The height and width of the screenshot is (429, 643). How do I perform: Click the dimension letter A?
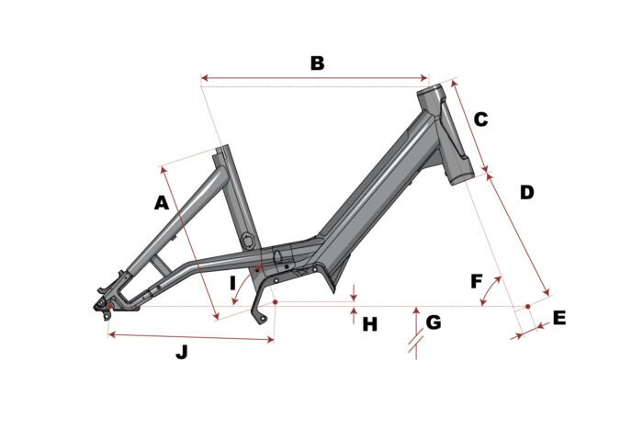pos(161,203)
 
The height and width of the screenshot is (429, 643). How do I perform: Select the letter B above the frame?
pos(317,63)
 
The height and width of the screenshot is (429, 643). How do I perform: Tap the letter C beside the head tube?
pos(480,119)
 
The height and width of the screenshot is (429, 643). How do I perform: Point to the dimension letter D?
pos(527,192)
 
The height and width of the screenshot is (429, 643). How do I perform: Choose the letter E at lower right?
pos(559,318)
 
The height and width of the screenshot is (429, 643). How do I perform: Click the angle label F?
pos(476,282)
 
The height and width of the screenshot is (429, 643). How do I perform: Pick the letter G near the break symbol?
pos(434,322)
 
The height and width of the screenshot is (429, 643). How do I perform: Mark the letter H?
pos(370,324)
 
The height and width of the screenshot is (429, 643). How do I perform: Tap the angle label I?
pos(232,284)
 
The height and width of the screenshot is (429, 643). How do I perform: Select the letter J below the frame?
pos(182,352)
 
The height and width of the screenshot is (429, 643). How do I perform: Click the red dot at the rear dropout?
pos(109,307)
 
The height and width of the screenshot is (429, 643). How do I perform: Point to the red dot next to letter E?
pos(528,307)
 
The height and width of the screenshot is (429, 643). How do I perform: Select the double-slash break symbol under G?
pos(416,344)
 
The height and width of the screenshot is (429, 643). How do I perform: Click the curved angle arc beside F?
pos(490,289)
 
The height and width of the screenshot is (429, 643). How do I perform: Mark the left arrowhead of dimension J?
pos(112,335)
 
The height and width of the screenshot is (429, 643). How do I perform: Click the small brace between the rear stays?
pos(161,264)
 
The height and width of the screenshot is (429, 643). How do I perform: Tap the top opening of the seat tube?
pos(221,148)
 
